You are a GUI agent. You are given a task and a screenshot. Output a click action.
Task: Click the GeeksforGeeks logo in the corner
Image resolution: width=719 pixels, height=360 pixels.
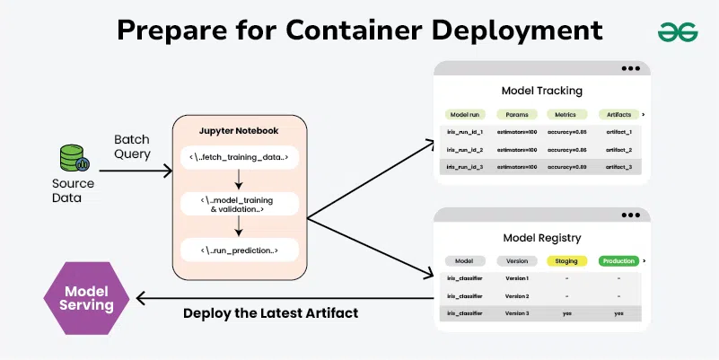(x=678, y=31)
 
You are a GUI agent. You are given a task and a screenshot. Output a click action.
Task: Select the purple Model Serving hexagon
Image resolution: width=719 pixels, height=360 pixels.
(x=88, y=296)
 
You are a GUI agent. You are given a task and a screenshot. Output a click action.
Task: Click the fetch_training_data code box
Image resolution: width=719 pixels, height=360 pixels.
(x=239, y=158)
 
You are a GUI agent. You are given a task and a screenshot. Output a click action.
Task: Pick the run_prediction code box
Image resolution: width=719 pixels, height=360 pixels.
(x=239, y=250)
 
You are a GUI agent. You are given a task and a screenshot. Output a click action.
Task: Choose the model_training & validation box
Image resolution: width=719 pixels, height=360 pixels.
(x=239, y=204)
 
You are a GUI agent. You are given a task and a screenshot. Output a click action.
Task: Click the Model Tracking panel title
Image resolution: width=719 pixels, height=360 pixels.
(x=541, y=91)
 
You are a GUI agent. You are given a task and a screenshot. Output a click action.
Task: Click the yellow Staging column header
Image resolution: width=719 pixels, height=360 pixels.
(x=567, y=260)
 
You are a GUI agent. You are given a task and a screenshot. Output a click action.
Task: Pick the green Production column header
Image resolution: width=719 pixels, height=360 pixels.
(x=618, y=260)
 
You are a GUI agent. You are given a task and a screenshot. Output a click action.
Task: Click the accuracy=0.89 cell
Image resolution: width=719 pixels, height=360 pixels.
(x=567, y=167)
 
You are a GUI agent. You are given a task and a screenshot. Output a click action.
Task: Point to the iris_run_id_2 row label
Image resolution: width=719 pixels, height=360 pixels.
(x=465, y=149)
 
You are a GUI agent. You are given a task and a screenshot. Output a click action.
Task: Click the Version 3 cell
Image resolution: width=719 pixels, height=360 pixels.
(x=517, y=312)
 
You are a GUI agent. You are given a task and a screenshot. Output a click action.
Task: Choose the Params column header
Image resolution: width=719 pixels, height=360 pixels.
(x=517, y=115)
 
